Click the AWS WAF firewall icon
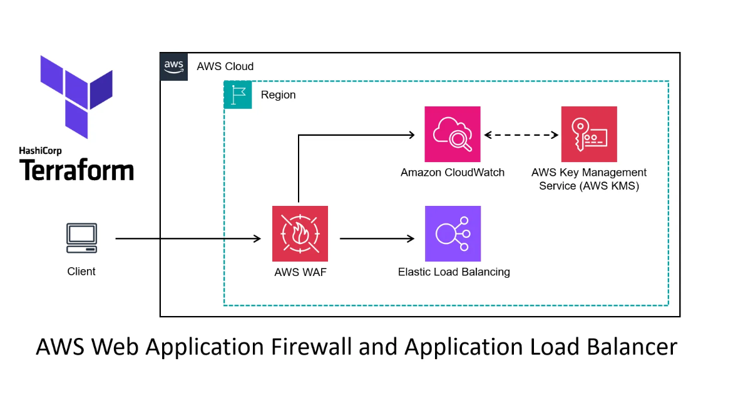(x=300, y=234)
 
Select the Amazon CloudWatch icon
(x=453, y=134)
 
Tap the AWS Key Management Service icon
(x=589, y=134)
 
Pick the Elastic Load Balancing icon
(x=453, y=234)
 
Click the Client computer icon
(x=81, y=238)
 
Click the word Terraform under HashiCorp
(x=76, y=170)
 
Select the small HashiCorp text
(x=40, y=151)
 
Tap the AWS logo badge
(x=174, y=66)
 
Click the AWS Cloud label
(x=225, y=66)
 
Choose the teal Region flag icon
(x=238, y=94)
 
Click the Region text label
(x=278, y=95)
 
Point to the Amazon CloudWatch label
(x=453, y=173)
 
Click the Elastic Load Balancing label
(x=454, y=272)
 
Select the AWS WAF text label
(x=300, y=272)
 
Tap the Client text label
(x=81, y=272)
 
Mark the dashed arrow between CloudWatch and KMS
(x=521, y=135)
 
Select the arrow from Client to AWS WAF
(x=188, y=238)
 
